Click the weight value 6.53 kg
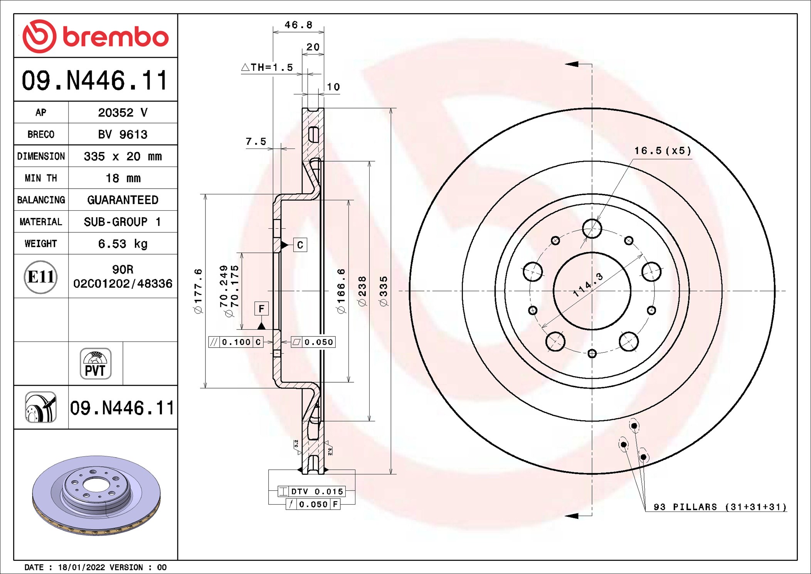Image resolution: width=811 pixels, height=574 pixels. pyautogui.click(x=123, y=244)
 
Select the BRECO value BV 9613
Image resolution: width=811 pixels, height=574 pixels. pyautogui.click(x=123, y=134)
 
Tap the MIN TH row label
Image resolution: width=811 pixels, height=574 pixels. pyautogui.click(x=41, y=178)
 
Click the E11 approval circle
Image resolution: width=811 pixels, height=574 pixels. pyautogui.click(x=40, y=277)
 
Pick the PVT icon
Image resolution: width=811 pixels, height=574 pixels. pyautogui.click(x=96, y=364)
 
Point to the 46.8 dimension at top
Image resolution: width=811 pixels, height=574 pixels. pyautogui.click(x=298, y=25)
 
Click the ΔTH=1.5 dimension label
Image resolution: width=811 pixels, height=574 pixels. pyautogui.click(x=267, y=68)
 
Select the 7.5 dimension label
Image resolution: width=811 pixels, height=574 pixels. pyautogui.click(x=256, y=142)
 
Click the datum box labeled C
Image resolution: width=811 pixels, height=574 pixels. pyautogui.click(x=300, y=245)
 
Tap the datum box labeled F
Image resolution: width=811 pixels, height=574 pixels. pyautogui.click(x=261, y=309)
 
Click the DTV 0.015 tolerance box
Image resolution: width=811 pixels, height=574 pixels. pyautogui.click(x=311, y=491)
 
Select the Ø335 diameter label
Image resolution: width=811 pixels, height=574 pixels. pyautogui.click(x=384, y=291)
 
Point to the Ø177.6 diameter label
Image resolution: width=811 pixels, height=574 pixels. pyautogui.click(x=198, y=291)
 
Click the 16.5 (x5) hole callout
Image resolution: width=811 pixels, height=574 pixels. pyautogui.click(x=663, y=151)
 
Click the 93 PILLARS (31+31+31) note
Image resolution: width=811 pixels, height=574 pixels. pyautogui.click(x=720, y=507)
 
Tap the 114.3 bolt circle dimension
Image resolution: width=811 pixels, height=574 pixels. pyautogui.click(x=587, y=285)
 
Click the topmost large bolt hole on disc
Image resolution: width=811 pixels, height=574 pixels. pyautogui.click(x=592, y=229)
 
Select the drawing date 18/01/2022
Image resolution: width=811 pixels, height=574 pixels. pyautogui.click(x=81, y=567)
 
